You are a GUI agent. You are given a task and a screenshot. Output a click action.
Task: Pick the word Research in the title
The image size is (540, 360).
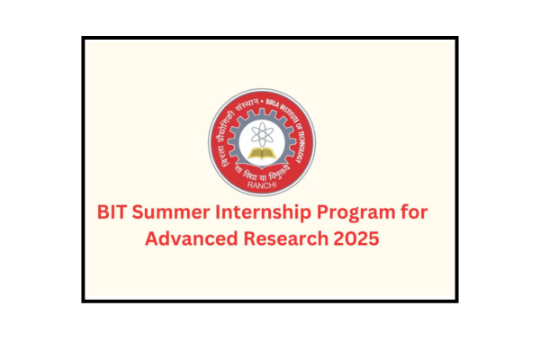pyautogui.click(x=288, y=240)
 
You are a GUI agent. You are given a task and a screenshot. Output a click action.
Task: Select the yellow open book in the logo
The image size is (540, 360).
pyautogui.click(x=263, y=159)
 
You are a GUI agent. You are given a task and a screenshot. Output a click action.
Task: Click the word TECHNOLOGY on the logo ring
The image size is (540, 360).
pyautogui.click(x=310, y=134)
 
